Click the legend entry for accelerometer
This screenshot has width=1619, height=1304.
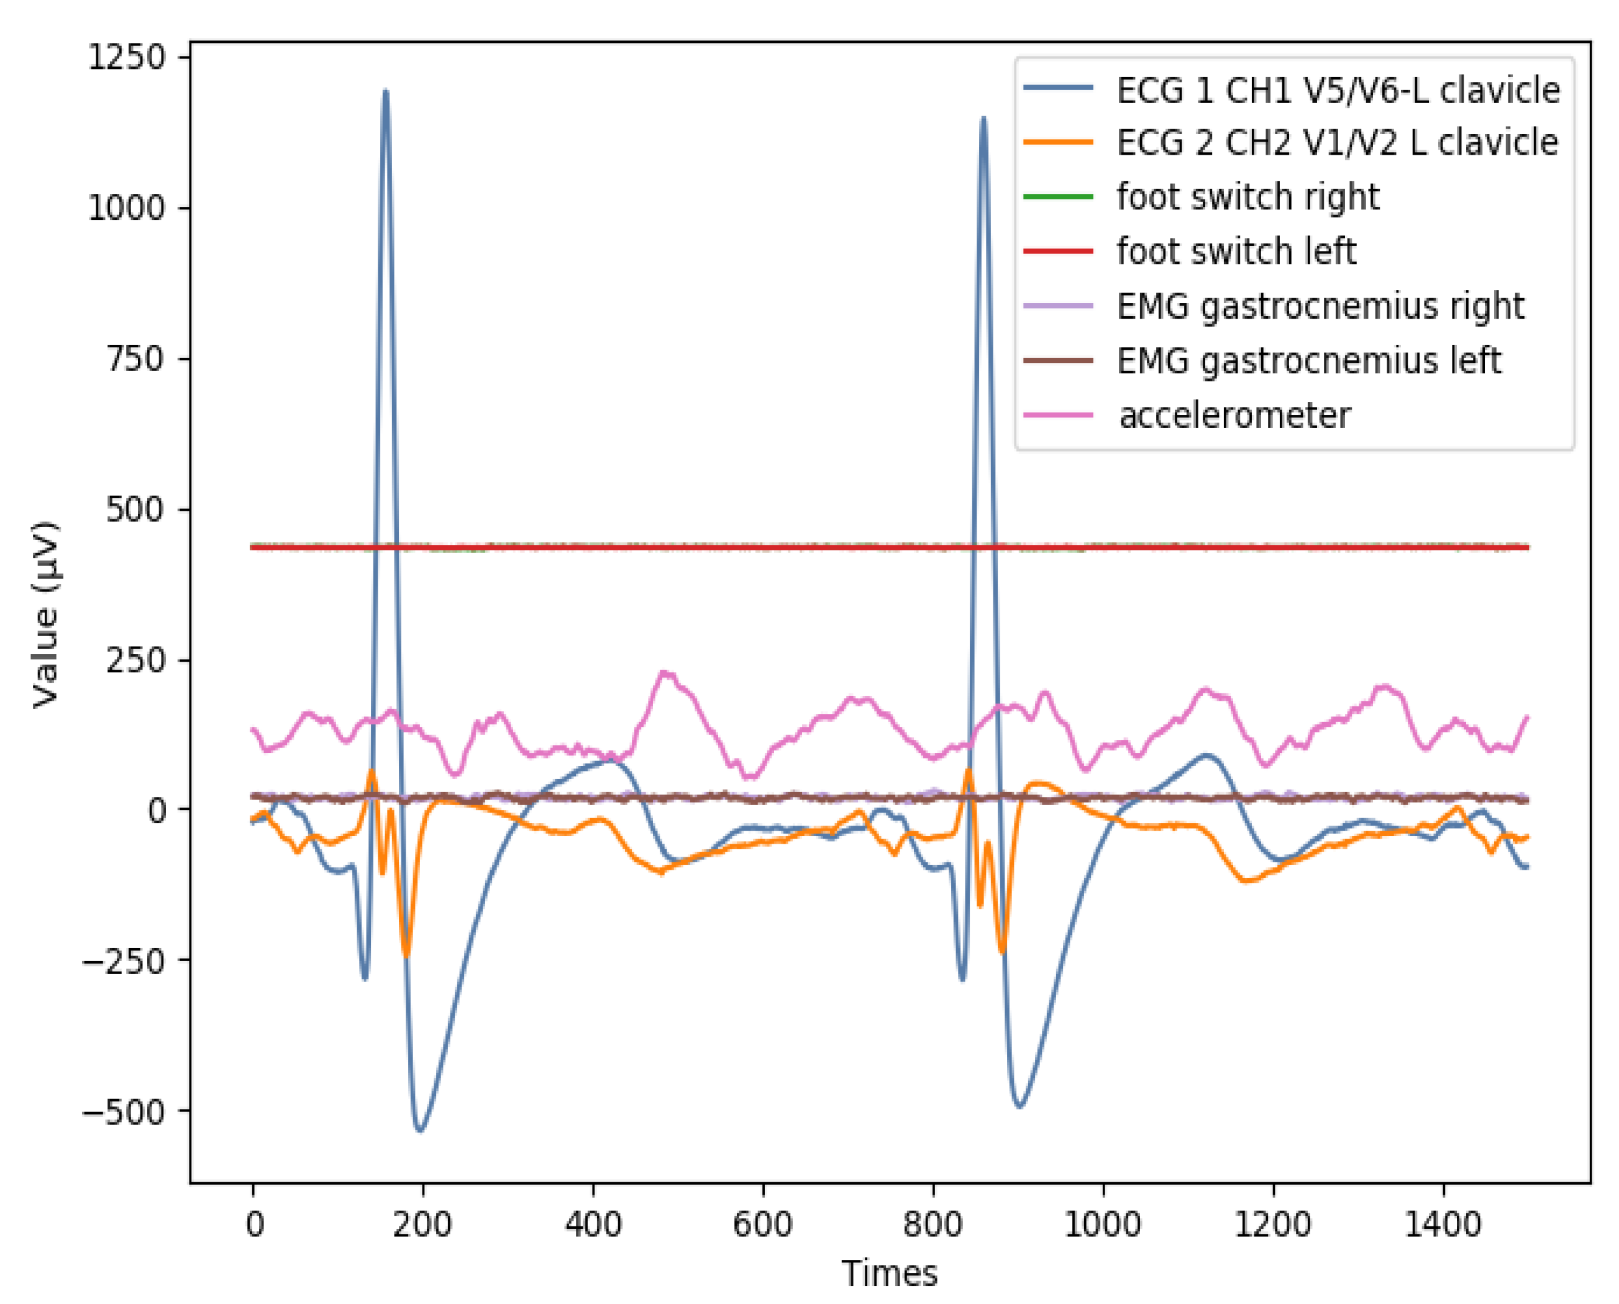[1234, 416]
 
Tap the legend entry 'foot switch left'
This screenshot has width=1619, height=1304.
[1236, 251]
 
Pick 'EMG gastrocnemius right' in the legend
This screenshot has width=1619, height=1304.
[1320, 306]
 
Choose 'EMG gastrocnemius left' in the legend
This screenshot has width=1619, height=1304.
[1309, 360]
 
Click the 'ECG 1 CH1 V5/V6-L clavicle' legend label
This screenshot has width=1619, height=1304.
[1338, 90]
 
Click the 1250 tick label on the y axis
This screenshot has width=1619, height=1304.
[126, 57]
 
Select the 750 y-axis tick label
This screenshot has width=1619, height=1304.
[135, 359]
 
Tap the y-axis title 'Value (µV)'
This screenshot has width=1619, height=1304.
[45, 614]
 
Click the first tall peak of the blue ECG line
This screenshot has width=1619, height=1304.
[385, 92]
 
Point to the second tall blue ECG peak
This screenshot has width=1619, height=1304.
[983, 119]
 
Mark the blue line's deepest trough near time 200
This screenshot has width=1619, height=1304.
[420, 1129]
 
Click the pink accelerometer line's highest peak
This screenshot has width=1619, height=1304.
[664, 672]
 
